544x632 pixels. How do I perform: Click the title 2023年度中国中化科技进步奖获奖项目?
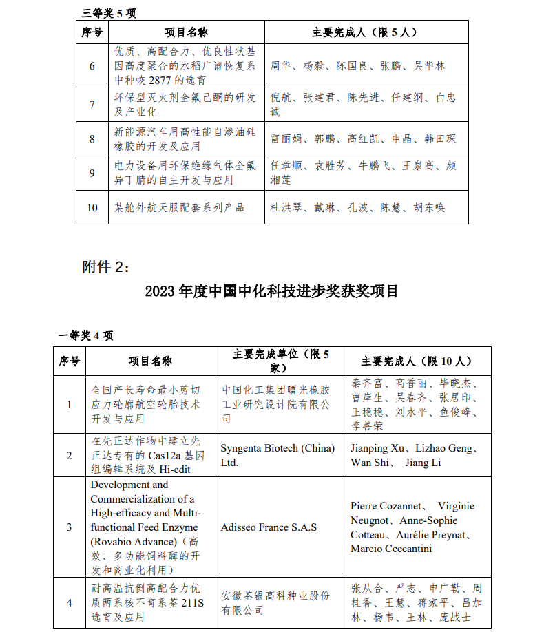pyautogui.click(x=271, y=291)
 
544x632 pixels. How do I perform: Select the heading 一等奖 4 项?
pyautogui.click(x=85, y=335)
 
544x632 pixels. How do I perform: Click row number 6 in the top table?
pyautogui.click(x=92, y=66)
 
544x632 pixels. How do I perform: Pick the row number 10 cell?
pyautogui.click(x=92, y=207)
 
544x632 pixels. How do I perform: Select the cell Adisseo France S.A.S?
pyautogui.click(x=269, y=527)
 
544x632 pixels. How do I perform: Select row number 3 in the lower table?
pyautogui.click(x=69, y=527)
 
